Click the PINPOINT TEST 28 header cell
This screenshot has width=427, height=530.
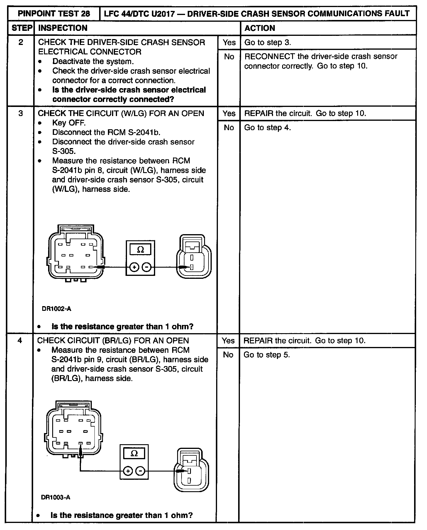pos(54,14)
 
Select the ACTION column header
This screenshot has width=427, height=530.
pos(260,28)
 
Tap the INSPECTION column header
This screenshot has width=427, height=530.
pos(63,28)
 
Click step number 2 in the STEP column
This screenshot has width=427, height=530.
pos(21,42)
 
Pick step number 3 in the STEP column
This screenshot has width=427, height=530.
pos(21,113)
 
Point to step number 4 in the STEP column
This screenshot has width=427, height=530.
pos(20,341)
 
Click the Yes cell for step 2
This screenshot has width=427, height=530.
pos(229,42)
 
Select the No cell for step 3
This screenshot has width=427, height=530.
pos(229,128)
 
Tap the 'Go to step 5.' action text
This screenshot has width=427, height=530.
pos(267,355)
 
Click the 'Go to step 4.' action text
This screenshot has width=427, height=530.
pos(267,128)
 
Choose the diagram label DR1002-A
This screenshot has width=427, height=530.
pos(57,309)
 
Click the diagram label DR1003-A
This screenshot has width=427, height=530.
pos(56,497)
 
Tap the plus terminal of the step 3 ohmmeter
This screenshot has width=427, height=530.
pos(134,267)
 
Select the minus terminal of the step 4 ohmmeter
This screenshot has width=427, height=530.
pos(141,479)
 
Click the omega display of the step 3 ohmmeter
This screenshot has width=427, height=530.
pos(140,250)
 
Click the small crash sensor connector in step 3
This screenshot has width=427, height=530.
pos(193,256)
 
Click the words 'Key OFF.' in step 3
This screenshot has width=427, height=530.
pos(69,123)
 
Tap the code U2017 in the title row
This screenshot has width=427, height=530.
pos(165,14)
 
